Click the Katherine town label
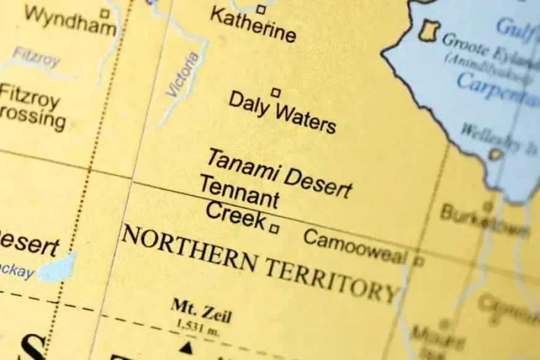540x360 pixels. (x=253, y=25)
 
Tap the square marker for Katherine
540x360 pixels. (x=261, y=9)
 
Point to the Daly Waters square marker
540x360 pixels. (x=276, y=92)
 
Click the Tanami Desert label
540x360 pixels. (x=279, y=172)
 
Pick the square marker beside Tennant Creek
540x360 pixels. (x=274, y=228)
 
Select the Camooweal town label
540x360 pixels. (x=355, y=247)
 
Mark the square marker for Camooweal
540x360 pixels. (x=419, y=261)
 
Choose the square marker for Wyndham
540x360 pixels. (x=105, y=12)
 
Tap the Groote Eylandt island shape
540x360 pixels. (x=429, y=30)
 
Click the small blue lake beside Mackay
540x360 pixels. (x=58, y=268)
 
